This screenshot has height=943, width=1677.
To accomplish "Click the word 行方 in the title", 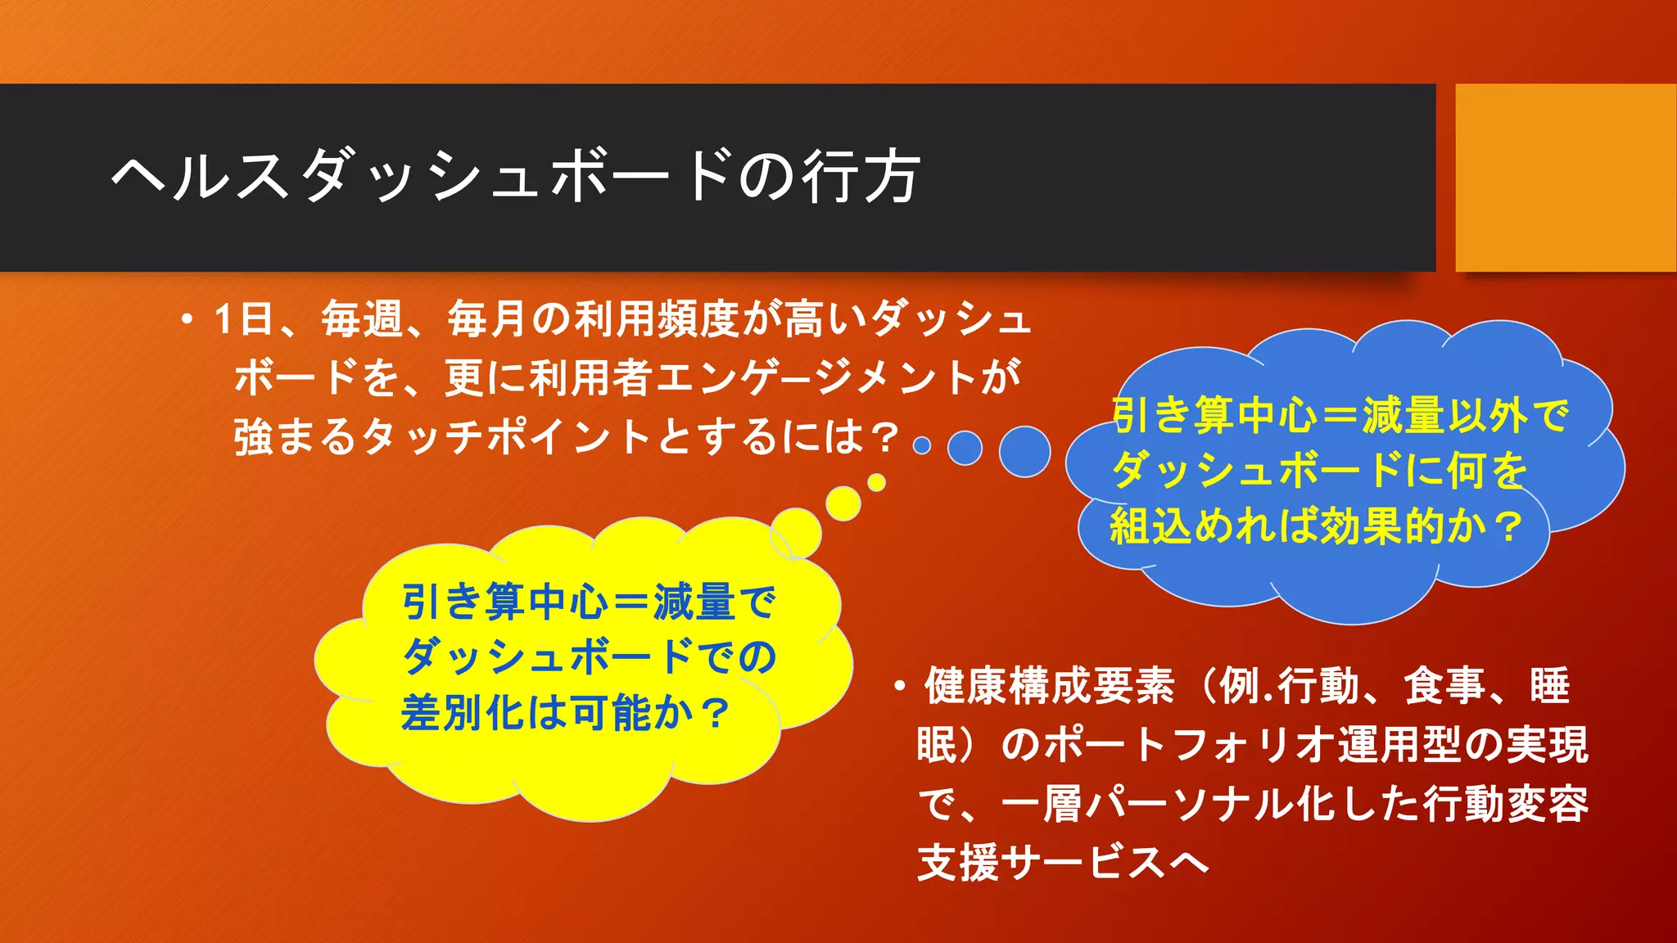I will [x=861, y=177].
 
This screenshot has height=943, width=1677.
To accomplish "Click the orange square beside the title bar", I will [x=1565, y=177].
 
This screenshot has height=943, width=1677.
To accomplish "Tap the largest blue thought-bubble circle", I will [x=1024, y=451].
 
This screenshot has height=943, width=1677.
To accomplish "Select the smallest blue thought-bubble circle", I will [x=922, y=445].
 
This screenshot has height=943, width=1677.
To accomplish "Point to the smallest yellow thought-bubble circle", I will [x=876, y=482].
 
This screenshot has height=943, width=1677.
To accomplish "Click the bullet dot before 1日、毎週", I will [x=188, y=320].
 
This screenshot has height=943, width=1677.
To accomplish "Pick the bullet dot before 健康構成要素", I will [x=899, y=686].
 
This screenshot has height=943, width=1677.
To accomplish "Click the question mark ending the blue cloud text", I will [x=1507, y=527].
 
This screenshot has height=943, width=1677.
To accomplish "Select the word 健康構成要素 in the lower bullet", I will [x=1049, y=686].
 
